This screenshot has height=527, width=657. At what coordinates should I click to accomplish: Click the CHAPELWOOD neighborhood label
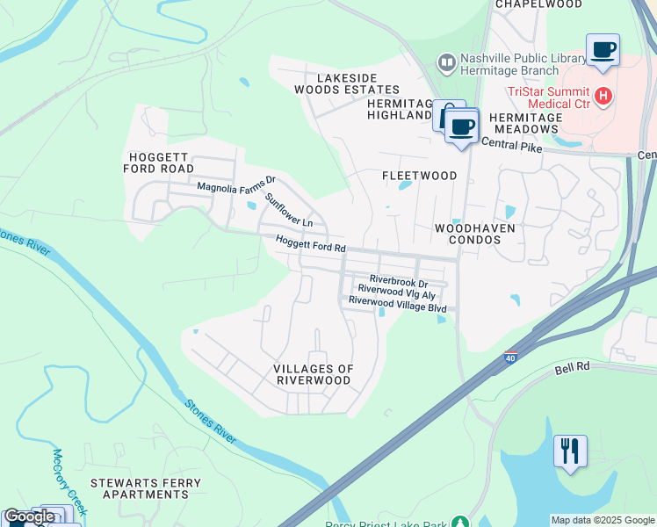[538, 4]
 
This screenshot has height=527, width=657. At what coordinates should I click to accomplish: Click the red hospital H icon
[603, 94]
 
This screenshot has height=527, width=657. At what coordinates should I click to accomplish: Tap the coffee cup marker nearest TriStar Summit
[603, 50]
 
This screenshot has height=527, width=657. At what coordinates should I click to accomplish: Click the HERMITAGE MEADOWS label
[523, 123]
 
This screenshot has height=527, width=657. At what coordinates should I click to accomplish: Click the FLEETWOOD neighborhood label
[419, 176]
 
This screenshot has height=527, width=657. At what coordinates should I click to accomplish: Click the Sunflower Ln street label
[289, 210]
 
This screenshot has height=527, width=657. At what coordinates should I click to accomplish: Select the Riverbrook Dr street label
[398, 283]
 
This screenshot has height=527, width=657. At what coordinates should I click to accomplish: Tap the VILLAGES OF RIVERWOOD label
[313, 375]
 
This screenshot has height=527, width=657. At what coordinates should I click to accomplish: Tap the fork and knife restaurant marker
[570, 451]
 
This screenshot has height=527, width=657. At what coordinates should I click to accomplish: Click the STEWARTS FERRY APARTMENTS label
[145, 488]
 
